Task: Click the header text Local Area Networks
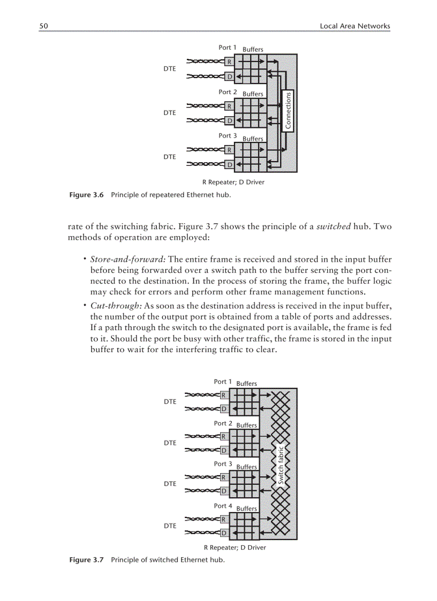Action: pos(355,26)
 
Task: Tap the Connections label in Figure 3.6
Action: pos(288,111)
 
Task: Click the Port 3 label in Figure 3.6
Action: pos(228,136)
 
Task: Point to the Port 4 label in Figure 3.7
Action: pos(223,506)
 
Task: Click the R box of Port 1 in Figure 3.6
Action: pos(229,62)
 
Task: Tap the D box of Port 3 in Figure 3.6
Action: pos(229,164)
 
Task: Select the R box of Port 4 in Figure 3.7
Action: pos(223,519)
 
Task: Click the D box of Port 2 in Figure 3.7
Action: pos(223,450)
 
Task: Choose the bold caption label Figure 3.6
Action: pos(87,195)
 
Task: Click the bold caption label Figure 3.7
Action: pos(87,560)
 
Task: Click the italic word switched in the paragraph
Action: pos(333,226)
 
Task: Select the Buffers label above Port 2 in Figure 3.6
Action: pos(253,94)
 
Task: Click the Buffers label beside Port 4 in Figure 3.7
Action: pos(246,508)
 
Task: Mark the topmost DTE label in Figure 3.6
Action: pos(170,69)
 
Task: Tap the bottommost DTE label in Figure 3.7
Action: pos(170,526)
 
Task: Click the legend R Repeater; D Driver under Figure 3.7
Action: pos(235,547)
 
